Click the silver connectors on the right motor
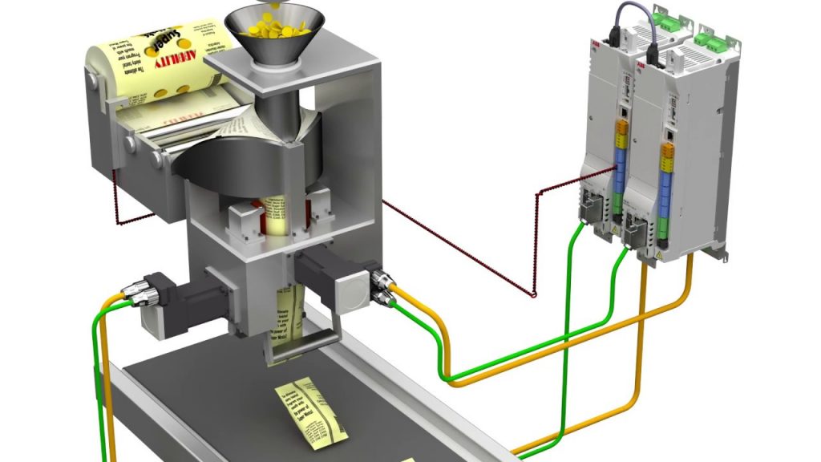tap(382, 288)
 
